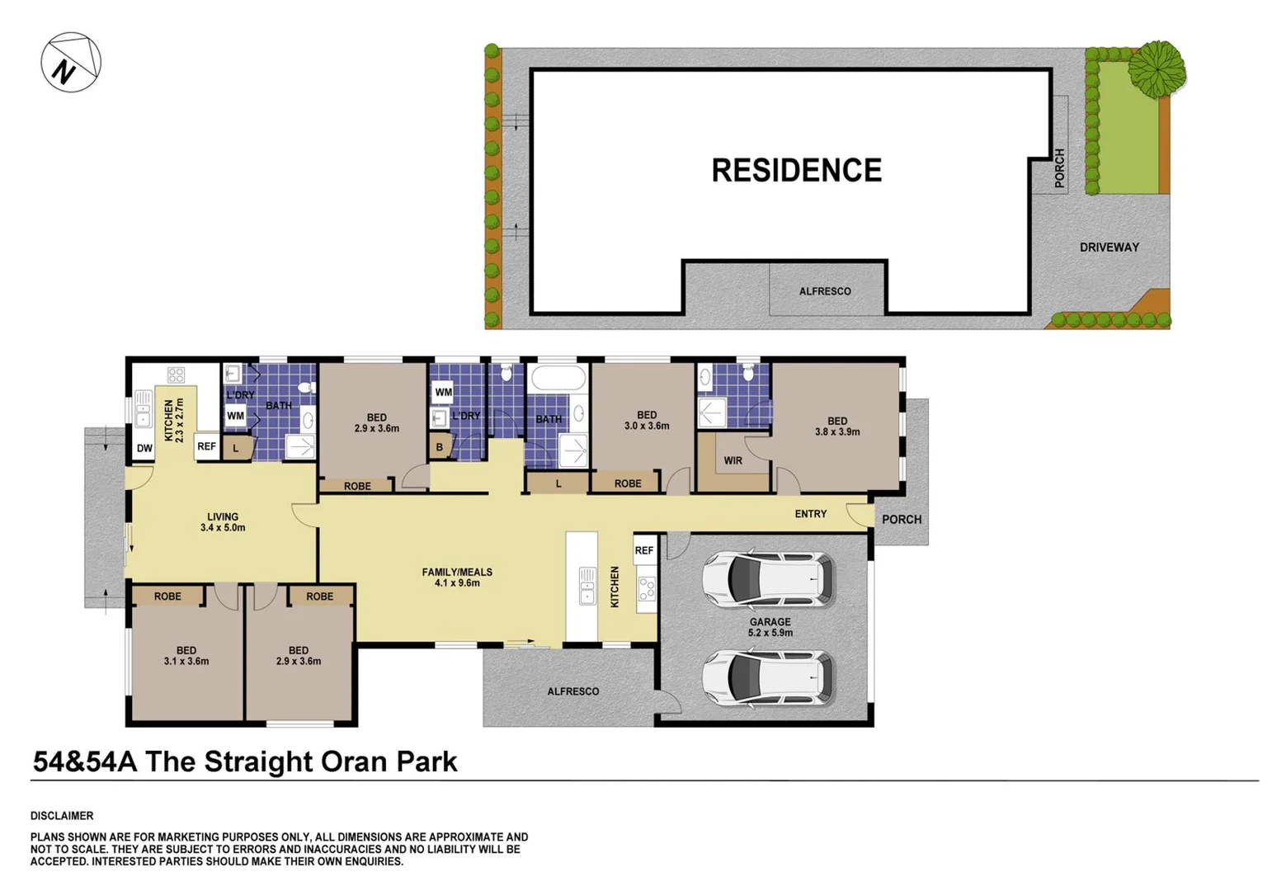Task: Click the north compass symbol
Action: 71,63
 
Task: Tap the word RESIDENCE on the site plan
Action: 796,171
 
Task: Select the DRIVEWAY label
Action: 1109,247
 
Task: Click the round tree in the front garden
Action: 1157,68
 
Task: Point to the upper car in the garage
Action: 767,580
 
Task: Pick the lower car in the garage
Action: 767,678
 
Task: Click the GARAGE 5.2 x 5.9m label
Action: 770,628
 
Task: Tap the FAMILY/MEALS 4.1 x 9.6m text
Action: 457,577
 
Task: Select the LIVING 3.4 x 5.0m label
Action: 223,522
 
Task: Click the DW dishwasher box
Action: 144,449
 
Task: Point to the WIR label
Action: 733,461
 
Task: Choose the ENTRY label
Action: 810,514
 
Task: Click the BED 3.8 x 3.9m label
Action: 836,427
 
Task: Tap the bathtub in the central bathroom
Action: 558,379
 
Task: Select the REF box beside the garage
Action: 644,550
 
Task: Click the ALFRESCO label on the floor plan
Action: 572,691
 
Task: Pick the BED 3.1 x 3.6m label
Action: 186,656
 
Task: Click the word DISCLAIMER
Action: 62,816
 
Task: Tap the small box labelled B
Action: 440,447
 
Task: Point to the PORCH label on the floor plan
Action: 902,520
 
